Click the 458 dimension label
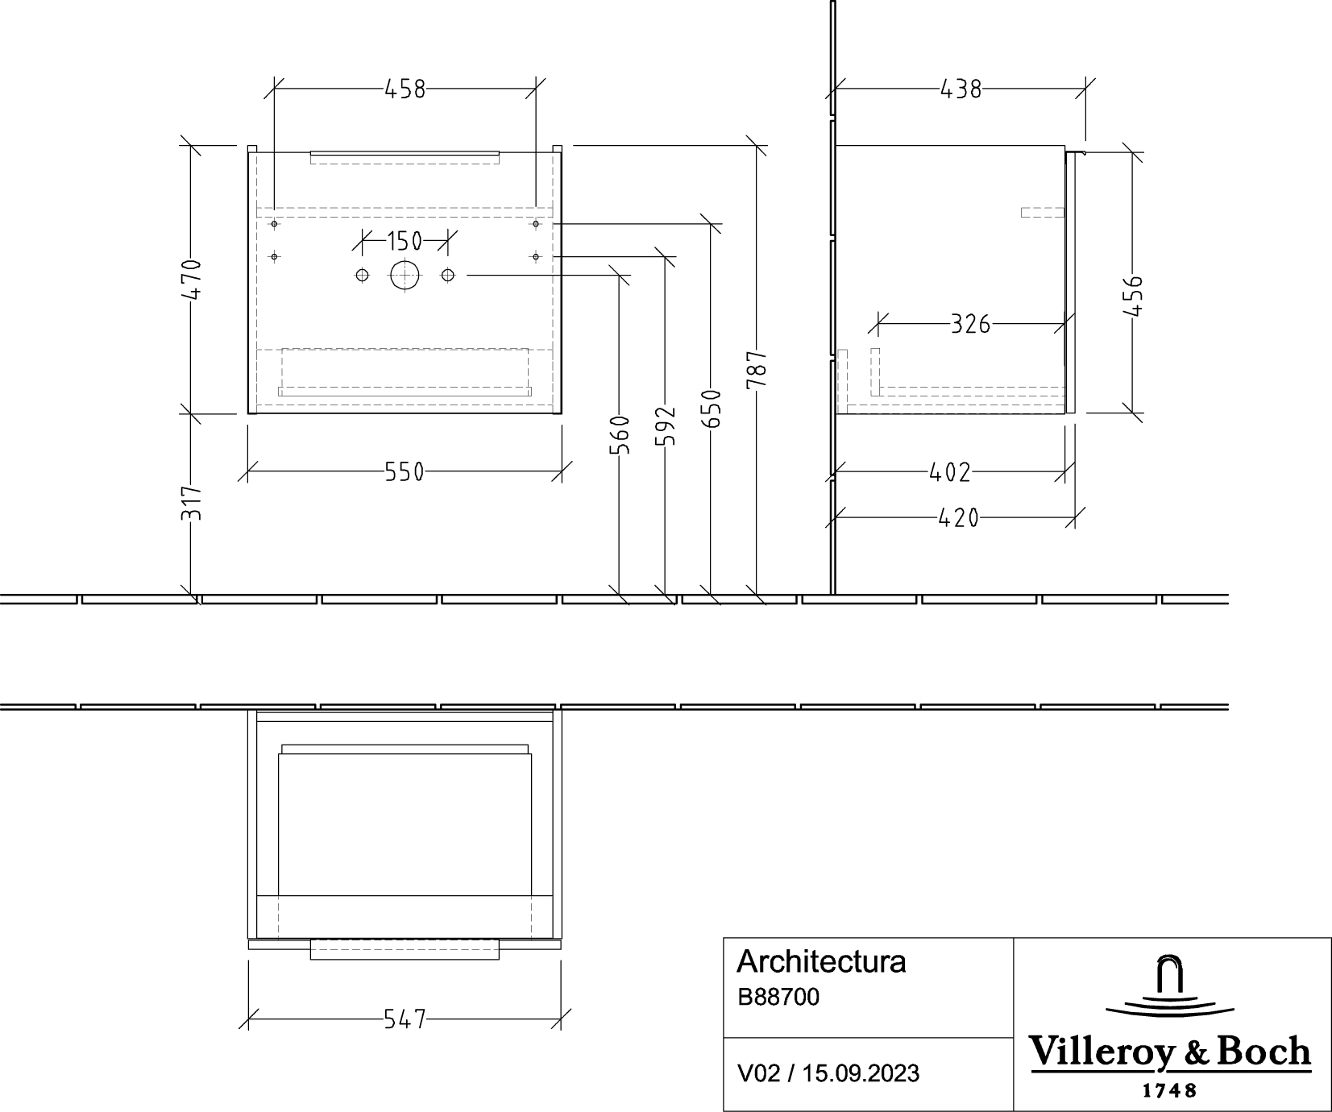405,89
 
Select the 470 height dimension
191,280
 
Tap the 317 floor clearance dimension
191,503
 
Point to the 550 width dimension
405,472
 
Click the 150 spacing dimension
405,241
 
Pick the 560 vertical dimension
619,435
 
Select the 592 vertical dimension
665,425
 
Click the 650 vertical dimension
711,409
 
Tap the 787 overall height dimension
757,370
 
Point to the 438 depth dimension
961,89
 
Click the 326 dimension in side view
970,325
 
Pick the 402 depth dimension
950,472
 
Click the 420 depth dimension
959,518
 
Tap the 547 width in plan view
405,1019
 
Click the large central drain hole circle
405,276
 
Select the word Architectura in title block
821,962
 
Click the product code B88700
778,998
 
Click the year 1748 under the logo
1170,1091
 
